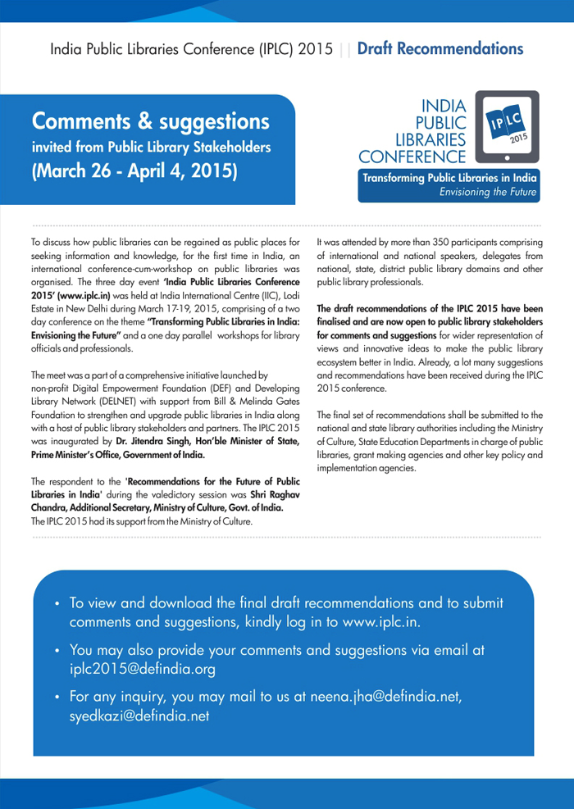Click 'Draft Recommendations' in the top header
pos(440,49)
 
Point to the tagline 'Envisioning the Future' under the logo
pos(488,193)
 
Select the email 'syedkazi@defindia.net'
pos(139,716)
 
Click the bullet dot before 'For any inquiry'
pos(57,698)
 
